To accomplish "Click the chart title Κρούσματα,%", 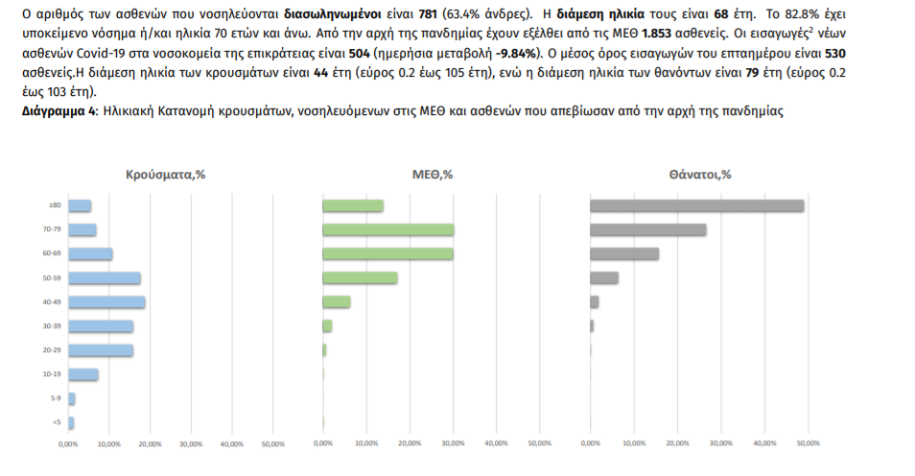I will click(166, 175).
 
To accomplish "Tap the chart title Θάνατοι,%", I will click(700, 175).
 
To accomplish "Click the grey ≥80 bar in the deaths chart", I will click(696, 205).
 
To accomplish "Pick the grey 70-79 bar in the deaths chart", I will click(647, 229).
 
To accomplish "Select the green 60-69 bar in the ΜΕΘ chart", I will click(387, 253).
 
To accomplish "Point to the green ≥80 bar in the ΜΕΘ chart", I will click(353, 205).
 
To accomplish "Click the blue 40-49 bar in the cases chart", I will click(106, 302).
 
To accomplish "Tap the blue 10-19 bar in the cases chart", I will click(82, 374).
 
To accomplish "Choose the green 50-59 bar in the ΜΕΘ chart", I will click(360, 278).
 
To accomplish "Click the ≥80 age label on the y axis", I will click(57, 205).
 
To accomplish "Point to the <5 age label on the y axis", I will click(58, 422).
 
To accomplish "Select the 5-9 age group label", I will click(58, 398).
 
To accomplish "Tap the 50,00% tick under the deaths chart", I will click(809, 443).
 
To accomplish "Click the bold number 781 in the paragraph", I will click(430, 12).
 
